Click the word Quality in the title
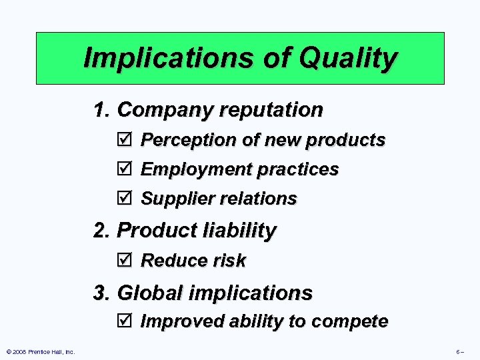348,59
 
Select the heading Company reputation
219,109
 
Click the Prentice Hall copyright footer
40,351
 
